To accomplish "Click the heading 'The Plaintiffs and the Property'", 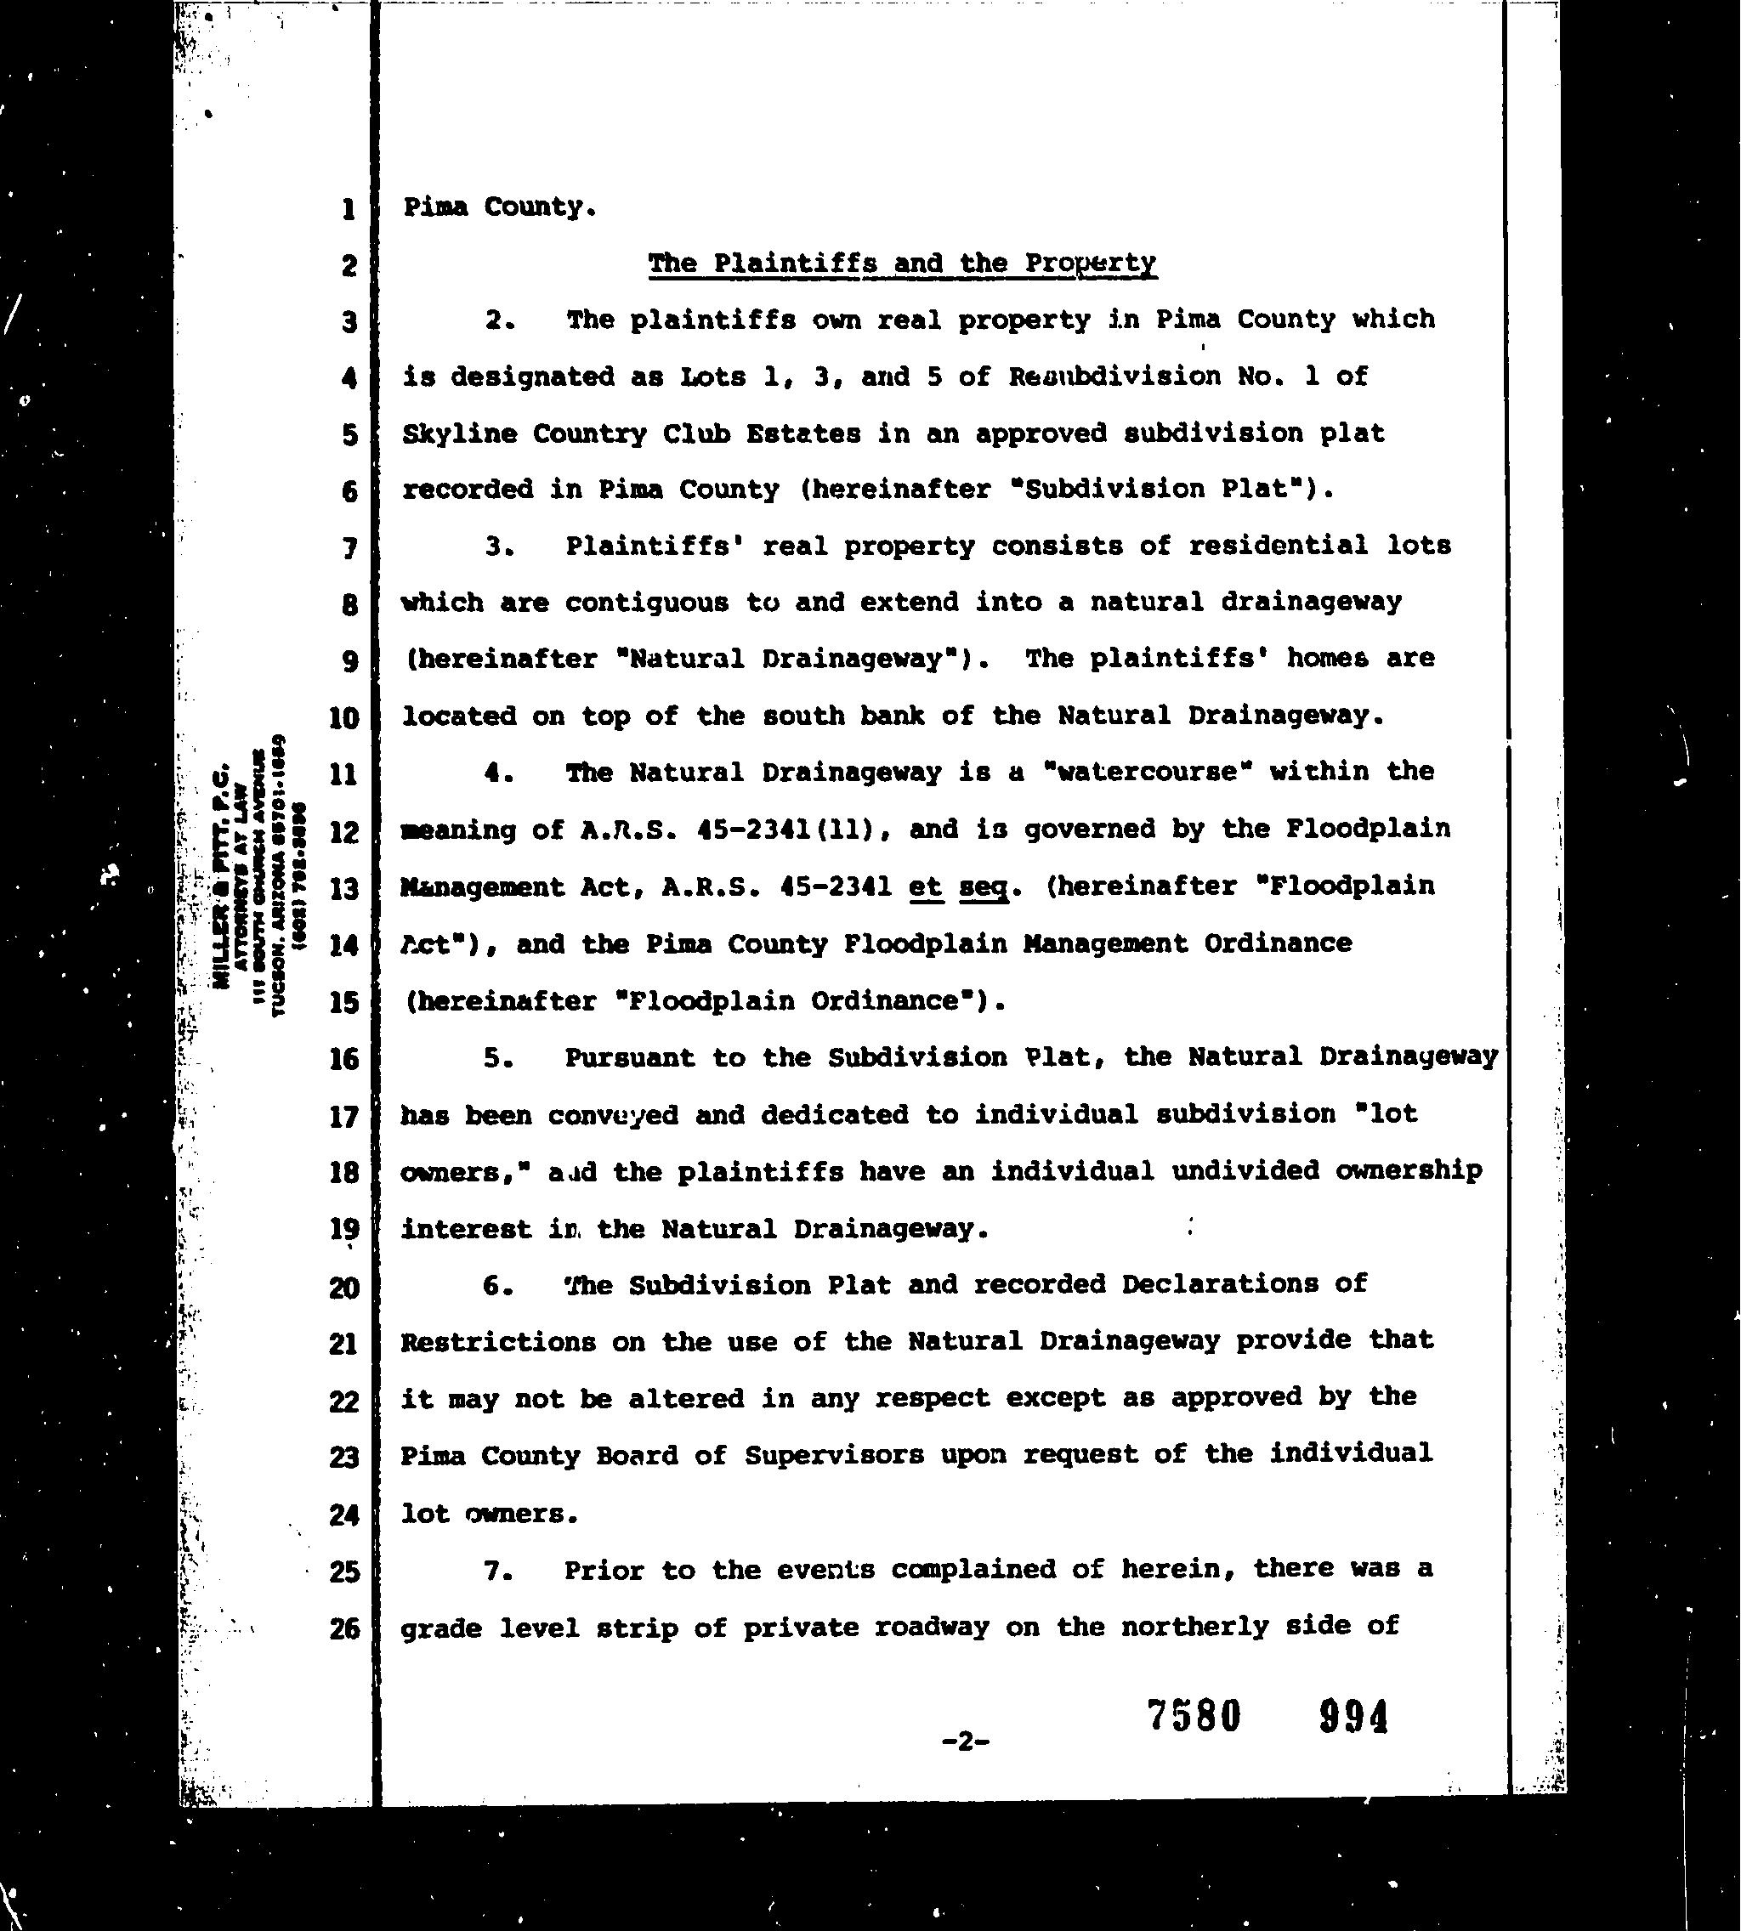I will pos(902,263).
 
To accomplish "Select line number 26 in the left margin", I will pos(344,1628).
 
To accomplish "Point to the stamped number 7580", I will pos(1194,1716).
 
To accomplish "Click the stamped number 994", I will pos(1353,1718).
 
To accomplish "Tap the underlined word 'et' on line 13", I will pos(925,886).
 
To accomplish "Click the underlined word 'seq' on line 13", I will pos(984,887).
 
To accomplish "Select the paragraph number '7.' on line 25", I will pos(499,1571).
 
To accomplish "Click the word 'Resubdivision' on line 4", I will pos(1114,377).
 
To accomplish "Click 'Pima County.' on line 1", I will pos(499,207).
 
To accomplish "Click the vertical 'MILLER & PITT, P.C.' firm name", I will pos(222,875).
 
